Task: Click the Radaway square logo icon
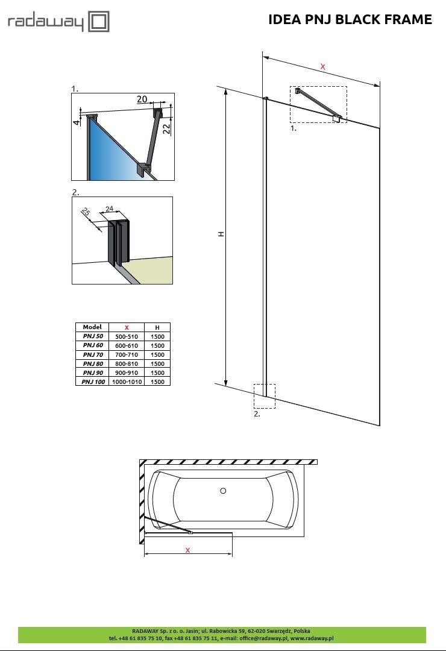point(99,22)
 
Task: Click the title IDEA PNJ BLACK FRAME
point(350,20)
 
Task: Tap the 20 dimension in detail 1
point(142,99)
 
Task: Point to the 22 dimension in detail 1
point(166,127)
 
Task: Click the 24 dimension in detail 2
point(109,209)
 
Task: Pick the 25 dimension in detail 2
point(86,213)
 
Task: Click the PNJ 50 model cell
point(92,336)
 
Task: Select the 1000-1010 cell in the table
point(127,382)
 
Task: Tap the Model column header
point(92,327)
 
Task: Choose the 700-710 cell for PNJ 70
point(127,354)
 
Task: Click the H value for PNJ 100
point(157,382)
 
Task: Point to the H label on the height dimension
point(221,234)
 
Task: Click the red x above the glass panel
point(323,67)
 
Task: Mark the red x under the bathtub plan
point(188,550)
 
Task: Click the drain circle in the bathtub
point(223,491)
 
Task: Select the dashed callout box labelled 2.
point(265,396)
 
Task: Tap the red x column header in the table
point(127,327)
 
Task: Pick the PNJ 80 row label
point(92,363)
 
